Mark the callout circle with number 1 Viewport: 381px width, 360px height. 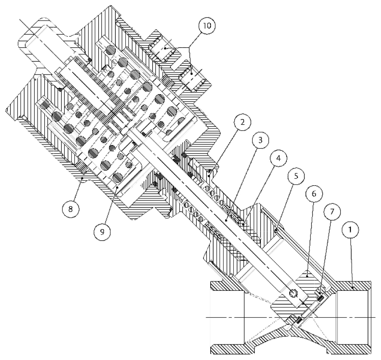click(x=352, y=231)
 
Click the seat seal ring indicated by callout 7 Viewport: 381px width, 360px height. click(x=321, y=296)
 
